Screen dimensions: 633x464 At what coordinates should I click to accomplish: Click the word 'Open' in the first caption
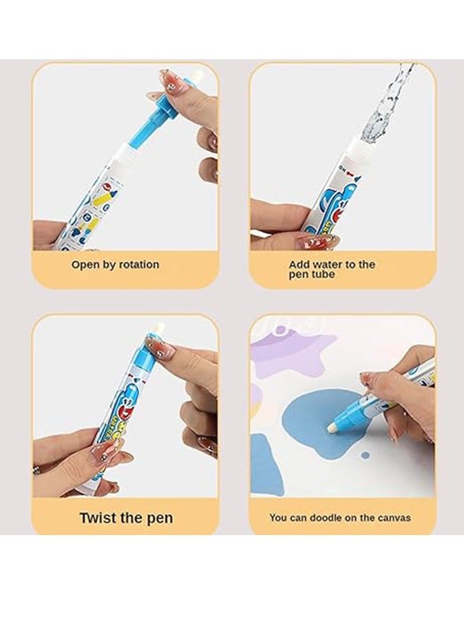click(85, 264)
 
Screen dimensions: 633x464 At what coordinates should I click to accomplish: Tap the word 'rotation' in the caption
click(139, 264)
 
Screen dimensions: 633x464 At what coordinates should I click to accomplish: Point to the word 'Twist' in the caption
click(99, 517)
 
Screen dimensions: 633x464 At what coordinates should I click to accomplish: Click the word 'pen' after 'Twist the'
click(159, 517)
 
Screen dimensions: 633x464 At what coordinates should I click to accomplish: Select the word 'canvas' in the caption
click(392, 517)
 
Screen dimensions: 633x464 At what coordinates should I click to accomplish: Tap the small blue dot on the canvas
click(366, 455)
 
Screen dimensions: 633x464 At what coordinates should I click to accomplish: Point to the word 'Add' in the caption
click(300, 264)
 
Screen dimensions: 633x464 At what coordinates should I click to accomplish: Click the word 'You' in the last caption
click(279, 517)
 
